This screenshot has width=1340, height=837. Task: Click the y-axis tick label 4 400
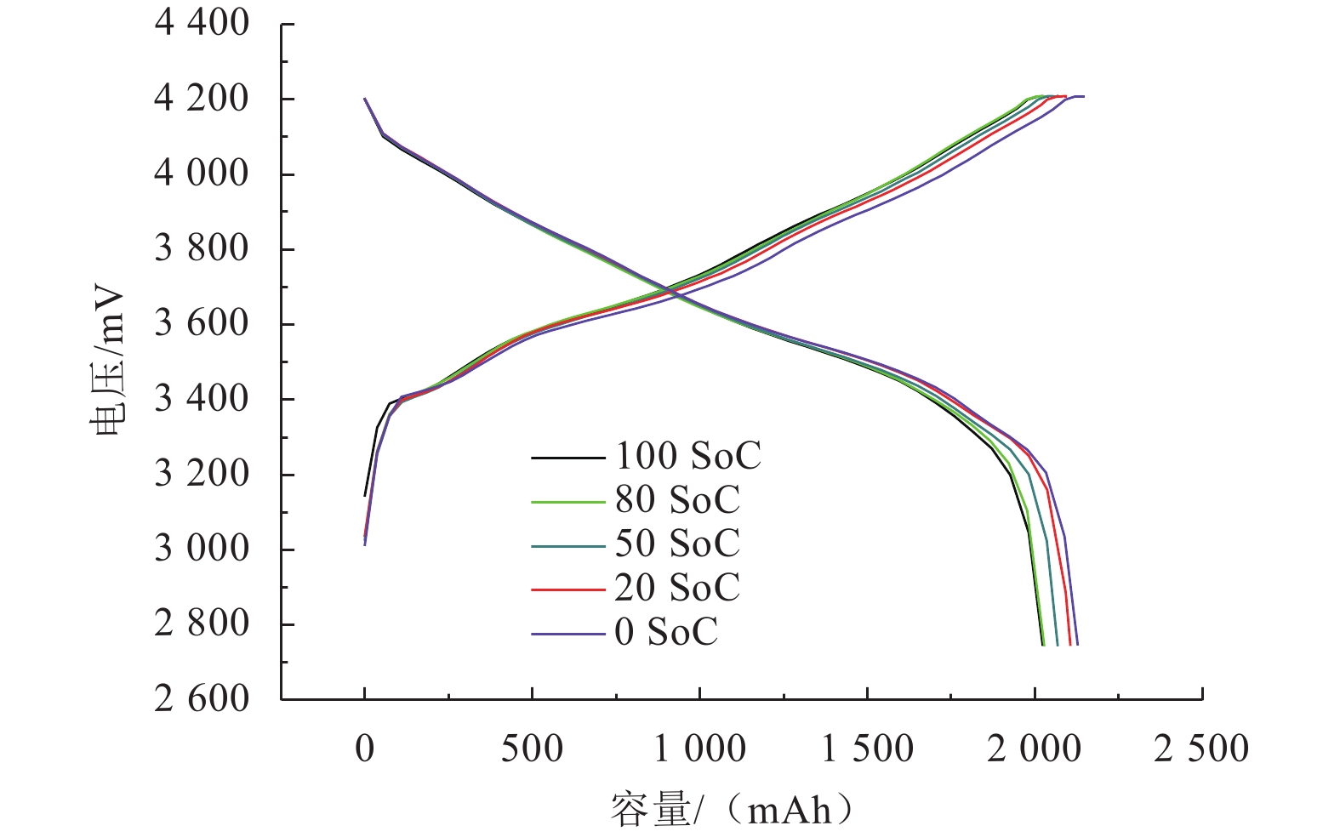pyautogui.click(x=202, y=23)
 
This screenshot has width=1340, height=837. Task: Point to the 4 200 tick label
pyautogui.click(x=202, y=99)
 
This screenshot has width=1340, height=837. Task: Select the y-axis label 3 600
pyautogui.click(x=202, y=323)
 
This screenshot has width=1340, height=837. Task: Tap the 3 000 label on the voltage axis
pyautogui.click(x=202, y=549)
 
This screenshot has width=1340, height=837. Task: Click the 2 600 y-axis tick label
pyautogui.click(x=202, y=699)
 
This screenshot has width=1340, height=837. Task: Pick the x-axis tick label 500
pyautogui.click(x=532, y=749)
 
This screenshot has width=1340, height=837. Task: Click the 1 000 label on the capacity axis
pyautogui.click(x=699, y=749)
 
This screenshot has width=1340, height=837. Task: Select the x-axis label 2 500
pyautogui.click(x=1201, y=749)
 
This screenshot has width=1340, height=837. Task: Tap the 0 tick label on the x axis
pyautogui.click(x=365, y=749)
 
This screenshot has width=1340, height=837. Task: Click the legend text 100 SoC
pyautogui.click(x=687, y=457)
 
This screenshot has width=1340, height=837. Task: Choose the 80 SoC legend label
pyautogui.click(x=677, y=500)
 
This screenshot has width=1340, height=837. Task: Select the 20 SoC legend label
pyautogui.click(x=677, y=588)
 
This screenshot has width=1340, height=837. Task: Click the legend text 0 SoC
pyautogui.click(x=666, y=632)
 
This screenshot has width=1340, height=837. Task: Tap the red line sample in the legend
pyautogui.click(x=568, y=589)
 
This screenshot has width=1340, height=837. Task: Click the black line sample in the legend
pyautogui.click(x=568, y=458)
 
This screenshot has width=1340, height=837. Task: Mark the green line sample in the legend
pyautogui.click(x=568, y=502)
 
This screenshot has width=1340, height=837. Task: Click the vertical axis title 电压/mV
pyautogui.click(x=108, y=364)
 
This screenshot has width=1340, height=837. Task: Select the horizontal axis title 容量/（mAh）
pyautogui.click(x=732, y=810)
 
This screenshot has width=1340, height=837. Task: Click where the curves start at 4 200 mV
pyautogui.click(x=365, y=99)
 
